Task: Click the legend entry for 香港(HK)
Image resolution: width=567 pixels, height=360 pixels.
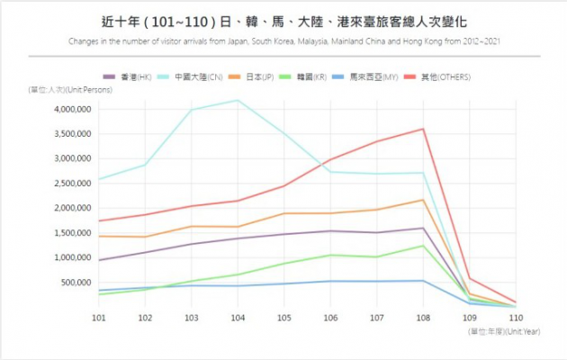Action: point(127,76)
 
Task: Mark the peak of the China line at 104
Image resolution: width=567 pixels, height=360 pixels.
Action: point(237,100)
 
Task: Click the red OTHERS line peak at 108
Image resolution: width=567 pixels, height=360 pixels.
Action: point(423,129)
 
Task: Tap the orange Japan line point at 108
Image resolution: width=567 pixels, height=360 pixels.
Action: point(423,200)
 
